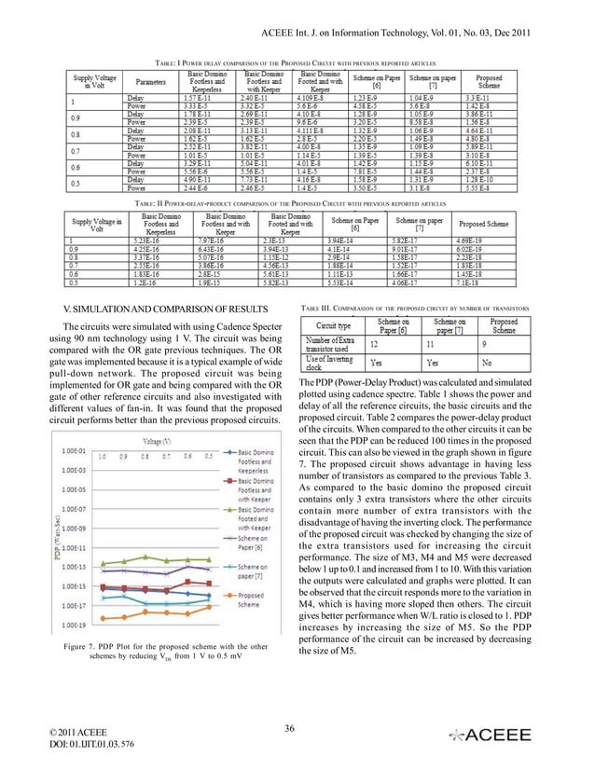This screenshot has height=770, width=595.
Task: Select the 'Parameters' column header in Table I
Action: coord(151,81)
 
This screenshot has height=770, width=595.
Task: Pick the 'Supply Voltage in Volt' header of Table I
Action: coord(94,81)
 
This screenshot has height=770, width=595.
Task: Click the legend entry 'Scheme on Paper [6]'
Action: coord(258,543)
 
